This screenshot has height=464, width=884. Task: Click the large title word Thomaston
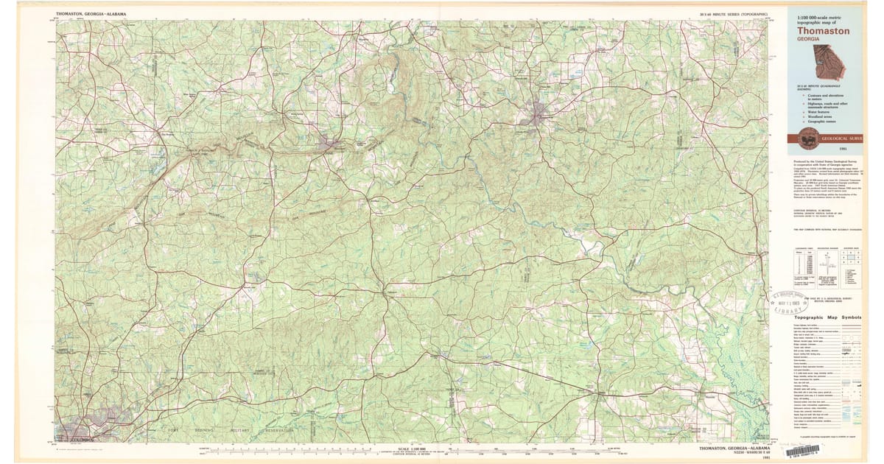(823, 32)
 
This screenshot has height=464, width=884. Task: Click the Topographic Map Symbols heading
(827, 317)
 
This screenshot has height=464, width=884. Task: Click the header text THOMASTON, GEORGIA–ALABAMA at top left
(91, 14)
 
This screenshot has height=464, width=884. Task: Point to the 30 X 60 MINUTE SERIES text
(734, 14)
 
